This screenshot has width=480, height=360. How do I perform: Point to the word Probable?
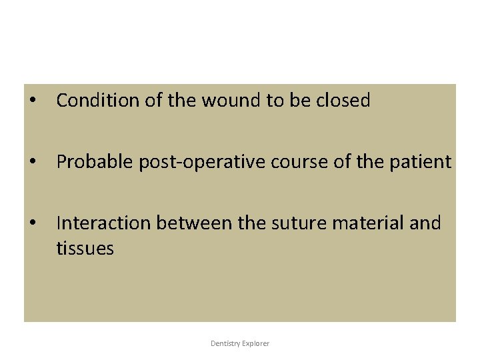coord(95,162)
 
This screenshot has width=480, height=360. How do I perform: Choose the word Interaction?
coord(100,223)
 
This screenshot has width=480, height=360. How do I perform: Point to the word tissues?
coord(85,249)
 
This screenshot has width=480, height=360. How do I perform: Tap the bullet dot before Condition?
coord(31,101)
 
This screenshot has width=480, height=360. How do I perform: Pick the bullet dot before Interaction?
coord(31,223)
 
